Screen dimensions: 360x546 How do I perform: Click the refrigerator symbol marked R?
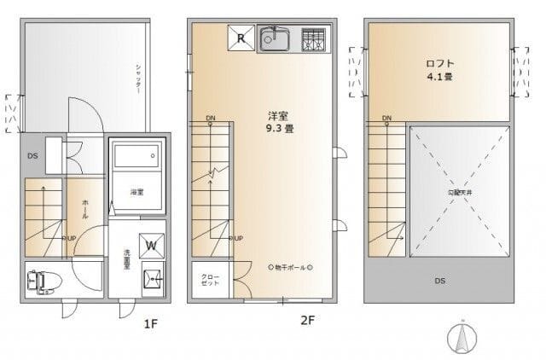[x=241, y=38]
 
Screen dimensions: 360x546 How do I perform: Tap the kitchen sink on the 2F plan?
[x=275, y=38]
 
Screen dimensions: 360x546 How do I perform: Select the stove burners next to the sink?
[x=312, y=38]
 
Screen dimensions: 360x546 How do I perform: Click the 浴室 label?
[x=136, y=192]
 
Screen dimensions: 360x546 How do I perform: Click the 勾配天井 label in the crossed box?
[x=461, y=192]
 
